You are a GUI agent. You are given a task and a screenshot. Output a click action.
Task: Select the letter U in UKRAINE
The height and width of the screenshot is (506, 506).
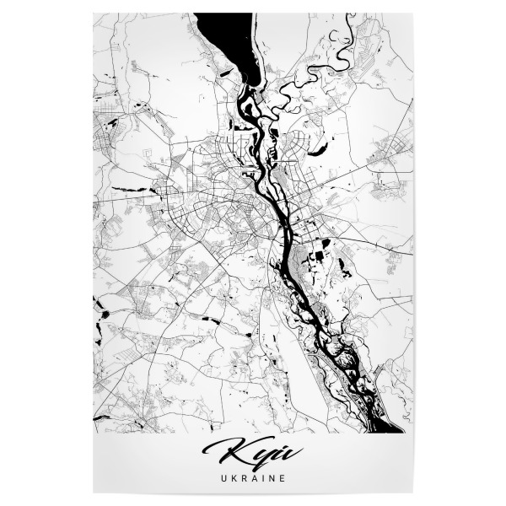click(x=221, y=477)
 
